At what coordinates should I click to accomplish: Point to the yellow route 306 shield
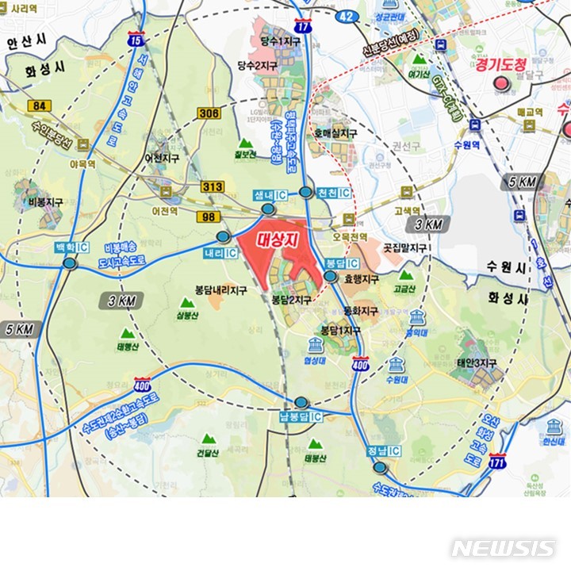click(210, 113)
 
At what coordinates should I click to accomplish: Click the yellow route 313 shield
click(212, 186)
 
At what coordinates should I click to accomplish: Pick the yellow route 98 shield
click(208, 217)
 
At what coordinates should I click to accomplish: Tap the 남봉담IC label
click(301, 417)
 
